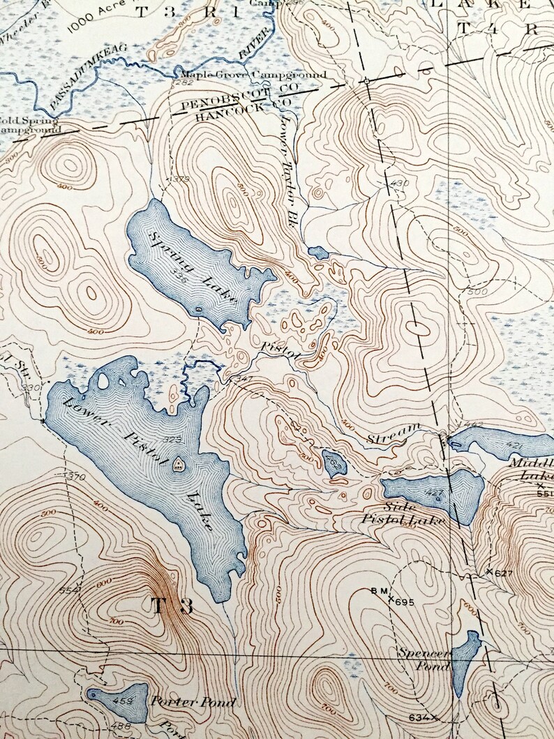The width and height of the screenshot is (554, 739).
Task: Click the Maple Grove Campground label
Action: (253, 75)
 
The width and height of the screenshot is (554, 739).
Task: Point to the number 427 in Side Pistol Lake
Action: (433, 493)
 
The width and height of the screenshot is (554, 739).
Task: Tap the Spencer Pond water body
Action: (465, 659)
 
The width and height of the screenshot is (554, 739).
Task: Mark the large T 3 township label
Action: (170, 604)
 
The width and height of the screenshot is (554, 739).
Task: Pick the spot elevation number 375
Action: (180, 179)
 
